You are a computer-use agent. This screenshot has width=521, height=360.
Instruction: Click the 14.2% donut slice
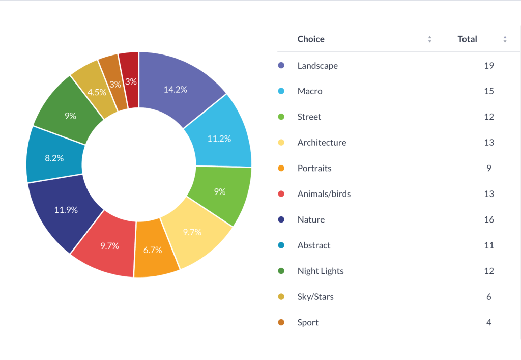pos(176,89)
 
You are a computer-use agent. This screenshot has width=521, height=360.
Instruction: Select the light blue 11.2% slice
pos(219,138)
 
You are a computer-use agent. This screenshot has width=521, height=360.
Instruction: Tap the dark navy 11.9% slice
pos(66,209)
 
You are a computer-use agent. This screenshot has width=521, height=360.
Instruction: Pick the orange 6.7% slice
pos(153,250)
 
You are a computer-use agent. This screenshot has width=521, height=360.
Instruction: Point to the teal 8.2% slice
pos(54,158)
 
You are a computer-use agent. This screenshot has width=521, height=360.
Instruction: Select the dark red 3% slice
pos(130,81)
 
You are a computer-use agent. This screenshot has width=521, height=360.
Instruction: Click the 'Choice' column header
pos(311,39)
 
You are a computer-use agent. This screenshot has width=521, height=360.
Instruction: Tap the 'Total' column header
pos(467,39)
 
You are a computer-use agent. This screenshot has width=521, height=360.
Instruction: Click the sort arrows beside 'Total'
pos(505,39)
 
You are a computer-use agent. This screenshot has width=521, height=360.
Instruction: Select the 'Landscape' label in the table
pos(317,66)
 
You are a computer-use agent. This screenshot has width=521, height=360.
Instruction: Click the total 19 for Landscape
pos(489,66)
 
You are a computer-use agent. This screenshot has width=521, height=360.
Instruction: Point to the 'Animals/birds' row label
pos(324,194)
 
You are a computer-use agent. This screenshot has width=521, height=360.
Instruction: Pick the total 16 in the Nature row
pos(489,219)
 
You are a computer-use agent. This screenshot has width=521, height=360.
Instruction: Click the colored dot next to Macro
pos(281,91)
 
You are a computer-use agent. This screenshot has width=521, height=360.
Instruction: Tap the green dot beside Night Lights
pos(281,271)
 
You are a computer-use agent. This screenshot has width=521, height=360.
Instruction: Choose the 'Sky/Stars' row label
pos(315,297)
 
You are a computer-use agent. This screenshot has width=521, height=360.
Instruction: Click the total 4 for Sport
pos(489,322)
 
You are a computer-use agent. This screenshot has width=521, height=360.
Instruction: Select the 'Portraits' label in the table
pos(314,168)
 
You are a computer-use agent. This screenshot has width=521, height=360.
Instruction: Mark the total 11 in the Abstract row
pos(489,245)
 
